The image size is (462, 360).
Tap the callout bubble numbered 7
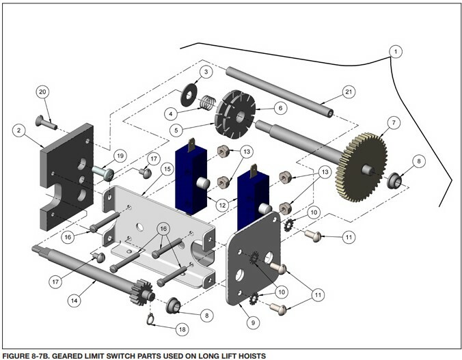392,123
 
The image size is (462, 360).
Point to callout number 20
42,92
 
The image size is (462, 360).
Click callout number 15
166,168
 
